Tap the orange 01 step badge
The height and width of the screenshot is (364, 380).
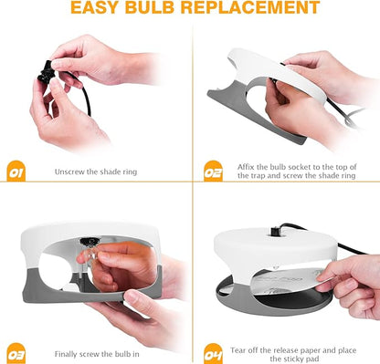(x=16, y=170)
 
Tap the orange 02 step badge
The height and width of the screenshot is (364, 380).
(x=213, y=170)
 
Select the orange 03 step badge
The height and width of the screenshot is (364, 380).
(x=16, y=350)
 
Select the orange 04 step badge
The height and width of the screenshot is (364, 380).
(x=213, y=350)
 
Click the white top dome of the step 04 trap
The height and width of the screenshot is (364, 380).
(x=274, y=244)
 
